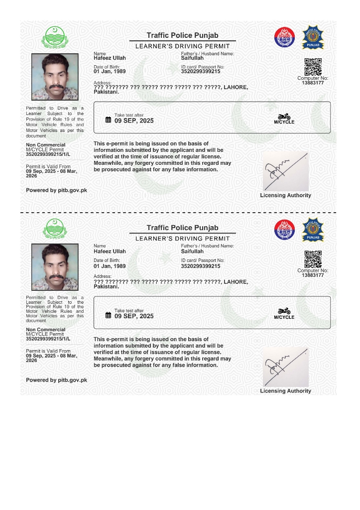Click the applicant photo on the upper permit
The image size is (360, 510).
(x=54, y=77)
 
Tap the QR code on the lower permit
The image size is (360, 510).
(x=313, y=259)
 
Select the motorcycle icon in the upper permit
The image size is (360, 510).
(x=284, y=117)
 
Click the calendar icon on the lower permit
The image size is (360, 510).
(x=108, y=315)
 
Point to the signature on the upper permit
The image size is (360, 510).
(x=285, y=170)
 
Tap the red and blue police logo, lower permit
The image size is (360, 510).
(x=285, y=230)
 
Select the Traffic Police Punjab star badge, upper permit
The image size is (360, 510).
(x=313, y=37)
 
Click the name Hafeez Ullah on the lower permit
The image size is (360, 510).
(x=110, y=252)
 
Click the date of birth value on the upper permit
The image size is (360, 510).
(x=110, y=72)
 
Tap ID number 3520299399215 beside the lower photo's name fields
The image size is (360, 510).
(x=200, y=266)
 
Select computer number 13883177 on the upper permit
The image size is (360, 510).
(x=313, y=83)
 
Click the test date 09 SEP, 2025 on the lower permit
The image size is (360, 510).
(x=134, y=316)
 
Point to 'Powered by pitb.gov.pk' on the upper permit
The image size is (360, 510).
(x=56, y=190)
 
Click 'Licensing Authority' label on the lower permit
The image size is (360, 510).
(x=285, y=391)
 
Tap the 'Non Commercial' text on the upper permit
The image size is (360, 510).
(x=45, y=145)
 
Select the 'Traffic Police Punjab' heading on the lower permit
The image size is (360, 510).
(x=182, y=228)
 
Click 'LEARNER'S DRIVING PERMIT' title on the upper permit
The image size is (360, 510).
(x=182, y=46)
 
